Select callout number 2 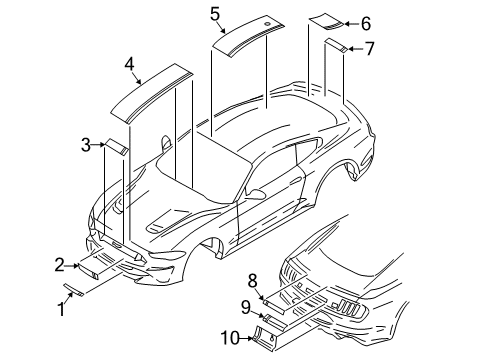tap(60, 264)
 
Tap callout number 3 tap(86, 146)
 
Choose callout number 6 tap(365, 22)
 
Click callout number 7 tap(369, 47)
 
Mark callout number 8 tap(253, 280)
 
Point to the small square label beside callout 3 tap(117, 147)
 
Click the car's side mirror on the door tap(257, 191)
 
